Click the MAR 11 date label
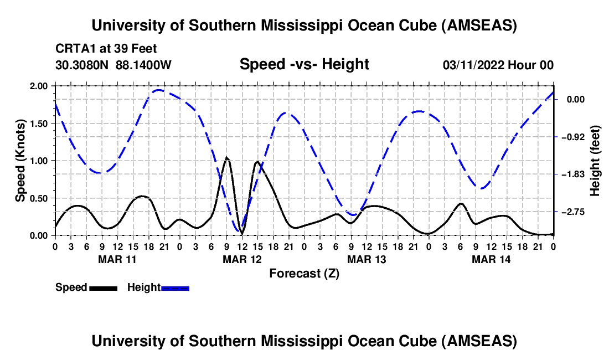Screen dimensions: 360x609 coord(117,259)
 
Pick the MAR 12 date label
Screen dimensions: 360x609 coord(241,259)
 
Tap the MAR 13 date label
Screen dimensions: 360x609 coord(366,259)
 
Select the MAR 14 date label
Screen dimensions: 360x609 coord(491,259)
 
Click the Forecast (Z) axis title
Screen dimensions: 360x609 coord(304,273)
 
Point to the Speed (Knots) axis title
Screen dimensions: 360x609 coord(20,161)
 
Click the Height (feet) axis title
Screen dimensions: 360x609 coord(596,161)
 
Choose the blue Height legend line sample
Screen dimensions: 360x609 coord(175,288)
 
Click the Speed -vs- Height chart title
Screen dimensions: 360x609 coord(304,64)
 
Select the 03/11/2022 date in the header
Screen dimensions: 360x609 coord(474,65)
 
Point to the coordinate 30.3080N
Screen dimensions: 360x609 coord(82,65)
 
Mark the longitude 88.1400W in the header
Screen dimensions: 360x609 coord(143,65)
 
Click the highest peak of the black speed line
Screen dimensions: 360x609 coord(226,158)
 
